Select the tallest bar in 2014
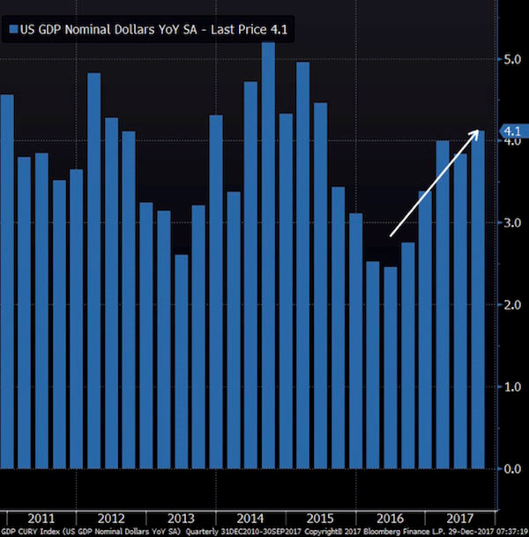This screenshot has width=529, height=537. pyautogui.click(x=268, y=256)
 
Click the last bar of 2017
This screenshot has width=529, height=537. pyautogui.click(x=477, y=300)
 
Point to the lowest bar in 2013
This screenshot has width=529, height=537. pyautogui.click(x=181, y=362)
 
